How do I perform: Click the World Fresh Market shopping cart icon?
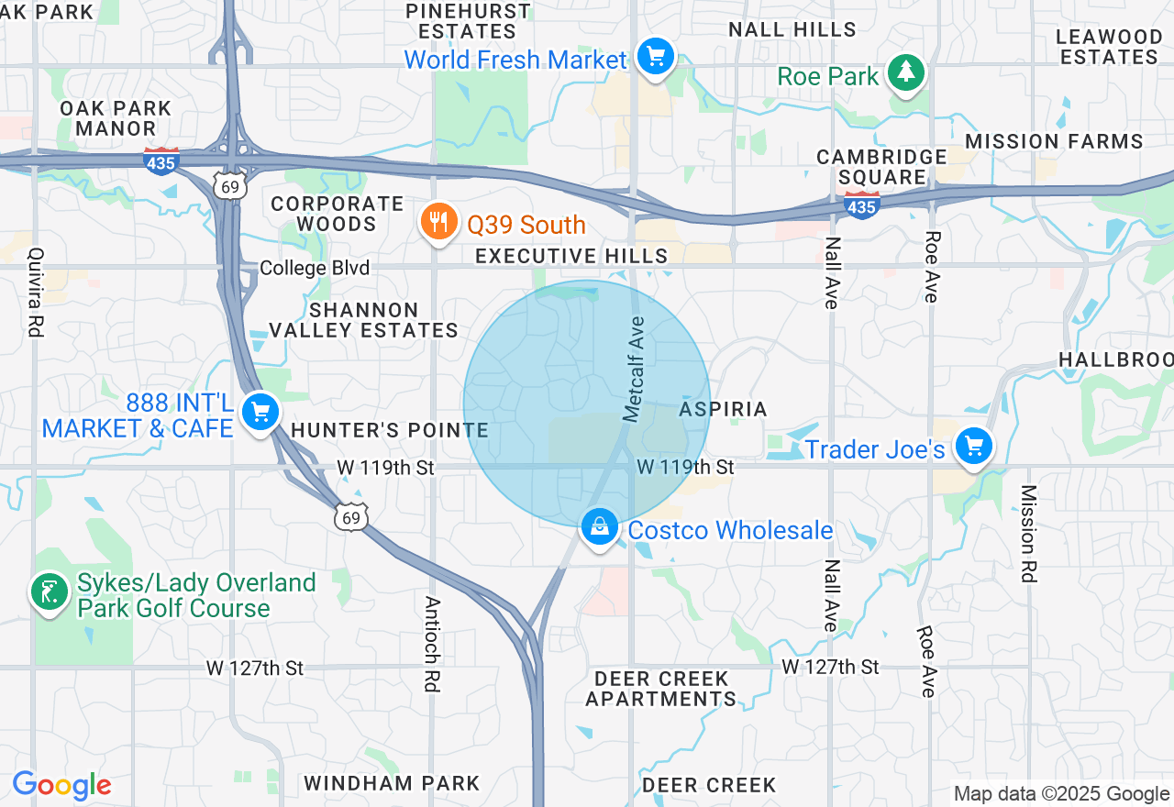click(x=655, y=58)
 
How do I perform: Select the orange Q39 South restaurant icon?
click(x=440, y=222)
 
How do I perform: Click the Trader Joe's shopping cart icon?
click(x=973, y=447)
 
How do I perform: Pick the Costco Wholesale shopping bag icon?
click(x=599, y=527)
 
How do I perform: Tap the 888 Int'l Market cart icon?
click(x=260, y=413)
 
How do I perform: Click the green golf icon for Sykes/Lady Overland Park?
click(x=49, y=591)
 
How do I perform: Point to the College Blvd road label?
click(x=315, y=268)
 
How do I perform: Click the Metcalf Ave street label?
click(x=635, y=370)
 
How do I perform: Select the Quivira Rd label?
click(x=36, y=292)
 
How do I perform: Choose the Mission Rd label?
click(x=1028, y=534)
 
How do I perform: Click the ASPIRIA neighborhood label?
click(x=724, y=409)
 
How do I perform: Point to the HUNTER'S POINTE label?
click(x=390, y=430)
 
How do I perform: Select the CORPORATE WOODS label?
click(x=337, y=214)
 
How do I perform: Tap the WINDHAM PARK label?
click(x=392, y=783)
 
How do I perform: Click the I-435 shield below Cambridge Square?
click(x=861, y=205)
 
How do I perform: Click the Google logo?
click(x=61, y=786)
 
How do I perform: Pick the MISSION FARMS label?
click(x=1054, y=141)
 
